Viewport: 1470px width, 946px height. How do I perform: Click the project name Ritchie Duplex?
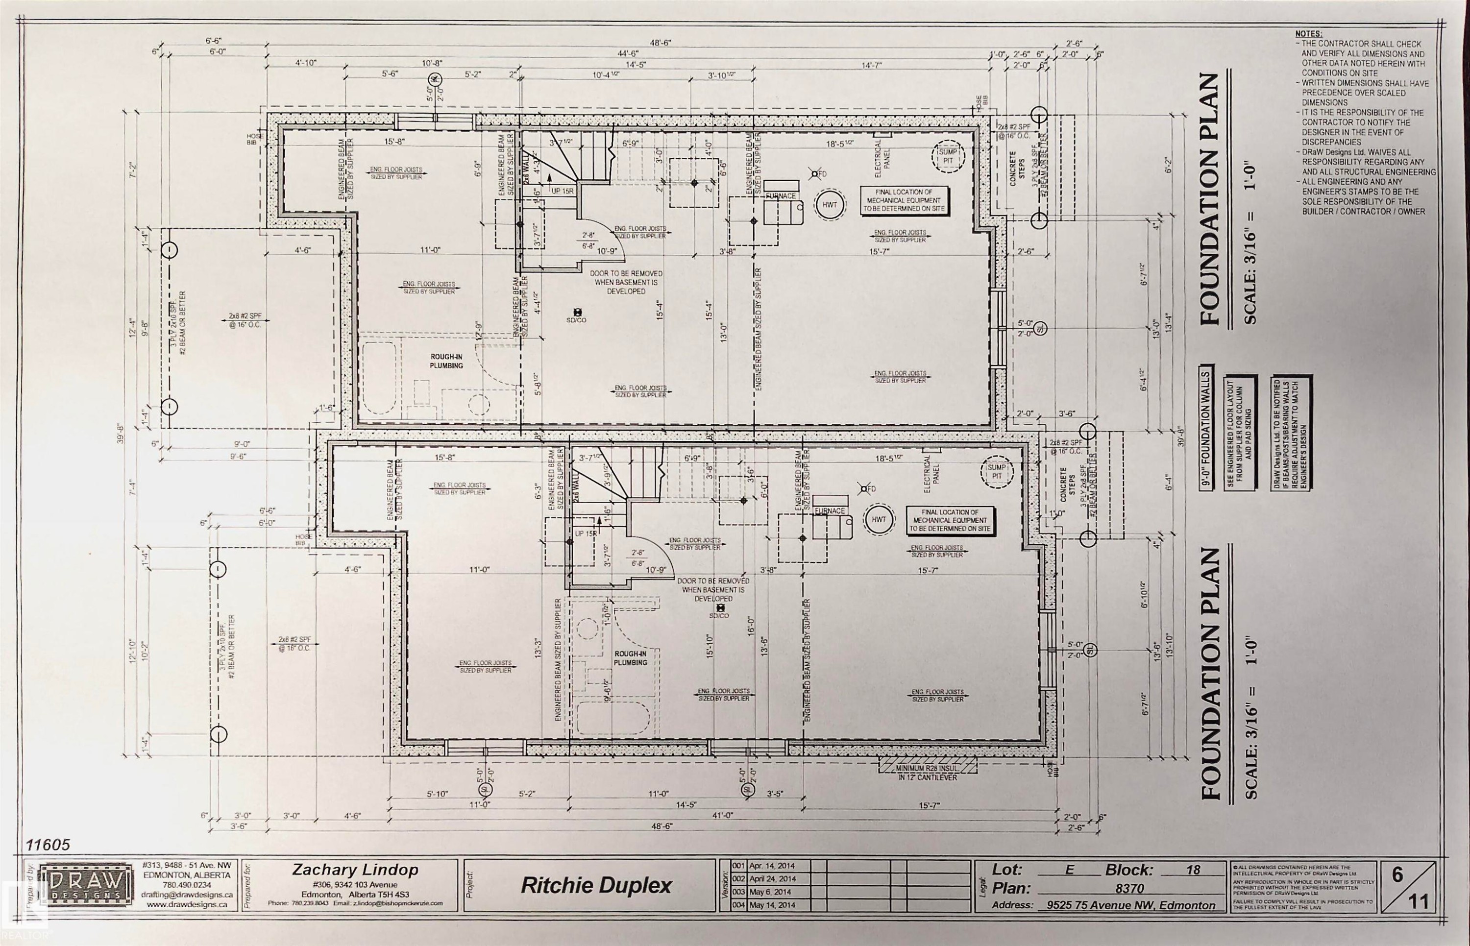click(x=596, y=886)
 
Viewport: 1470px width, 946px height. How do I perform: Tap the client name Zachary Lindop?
click(x=355, y=870)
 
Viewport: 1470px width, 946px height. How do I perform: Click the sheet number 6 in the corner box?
click(x=1397, y=875)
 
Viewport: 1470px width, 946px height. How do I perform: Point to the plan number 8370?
click(x=1129, y=888)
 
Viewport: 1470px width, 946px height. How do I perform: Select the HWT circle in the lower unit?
click(x=879, y=520)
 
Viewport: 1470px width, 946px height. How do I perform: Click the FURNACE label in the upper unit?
click(x=780, y=196)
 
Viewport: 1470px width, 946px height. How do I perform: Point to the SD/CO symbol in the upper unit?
click(x=576, y=315)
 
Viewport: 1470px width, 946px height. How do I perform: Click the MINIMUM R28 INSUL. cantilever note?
click(x=927, y=773)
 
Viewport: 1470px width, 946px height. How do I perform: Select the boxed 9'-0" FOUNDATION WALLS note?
click(x=1205, y=428)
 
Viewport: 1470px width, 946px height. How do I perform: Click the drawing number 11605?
click(x=48, y=845)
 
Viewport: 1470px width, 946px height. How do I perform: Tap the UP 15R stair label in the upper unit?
click(x=562, y=191)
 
